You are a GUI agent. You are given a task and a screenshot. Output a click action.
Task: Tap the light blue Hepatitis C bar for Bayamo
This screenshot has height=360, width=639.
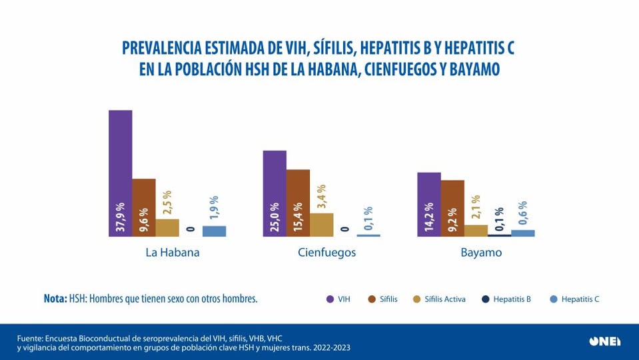(522, 233)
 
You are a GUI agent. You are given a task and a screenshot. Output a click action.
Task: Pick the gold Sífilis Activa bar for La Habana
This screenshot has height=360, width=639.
(167, 227)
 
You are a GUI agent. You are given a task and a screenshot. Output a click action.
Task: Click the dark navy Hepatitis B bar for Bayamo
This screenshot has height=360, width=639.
(499, 235)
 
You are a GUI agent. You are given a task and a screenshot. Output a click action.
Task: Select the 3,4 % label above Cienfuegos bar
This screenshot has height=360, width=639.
(322, 197)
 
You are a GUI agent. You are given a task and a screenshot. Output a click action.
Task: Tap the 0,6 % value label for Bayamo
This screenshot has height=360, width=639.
(523, 214)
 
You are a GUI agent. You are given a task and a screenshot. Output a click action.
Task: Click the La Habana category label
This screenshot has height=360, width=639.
(173, 253)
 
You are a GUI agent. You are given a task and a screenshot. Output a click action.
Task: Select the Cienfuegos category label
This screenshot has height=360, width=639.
(326, 253)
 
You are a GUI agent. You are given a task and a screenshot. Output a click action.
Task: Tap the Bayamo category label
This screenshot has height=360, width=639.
(480, 253)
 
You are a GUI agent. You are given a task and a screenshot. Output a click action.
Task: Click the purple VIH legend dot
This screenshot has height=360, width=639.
(330, 299)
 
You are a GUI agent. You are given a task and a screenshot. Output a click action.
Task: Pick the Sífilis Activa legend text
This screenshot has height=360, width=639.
(444, 299)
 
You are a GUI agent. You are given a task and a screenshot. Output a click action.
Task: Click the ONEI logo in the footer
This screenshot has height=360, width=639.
(604, 341)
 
